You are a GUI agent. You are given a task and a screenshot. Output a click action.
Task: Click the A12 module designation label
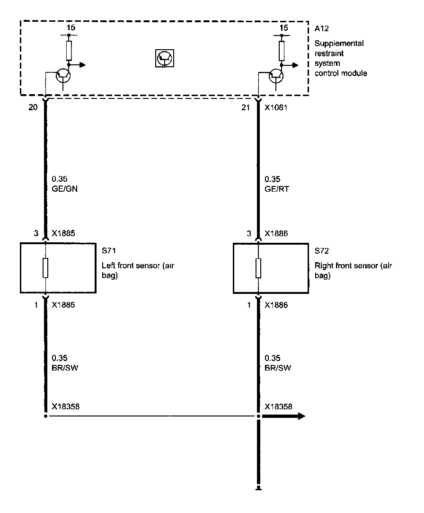point(321,29)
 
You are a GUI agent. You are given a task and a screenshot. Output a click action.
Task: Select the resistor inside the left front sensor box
point(45,268)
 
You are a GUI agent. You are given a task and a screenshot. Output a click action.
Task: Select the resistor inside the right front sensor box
point(258,268)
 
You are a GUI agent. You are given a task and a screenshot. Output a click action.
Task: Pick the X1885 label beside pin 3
point(63,233)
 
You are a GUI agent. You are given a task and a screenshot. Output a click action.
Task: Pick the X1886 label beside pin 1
point(276,305)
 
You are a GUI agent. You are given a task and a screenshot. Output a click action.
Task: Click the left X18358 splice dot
point(45,416)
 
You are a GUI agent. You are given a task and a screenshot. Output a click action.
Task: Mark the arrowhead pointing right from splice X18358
point(300,416)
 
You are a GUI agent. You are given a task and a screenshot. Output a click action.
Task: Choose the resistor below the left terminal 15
point(69,50)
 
